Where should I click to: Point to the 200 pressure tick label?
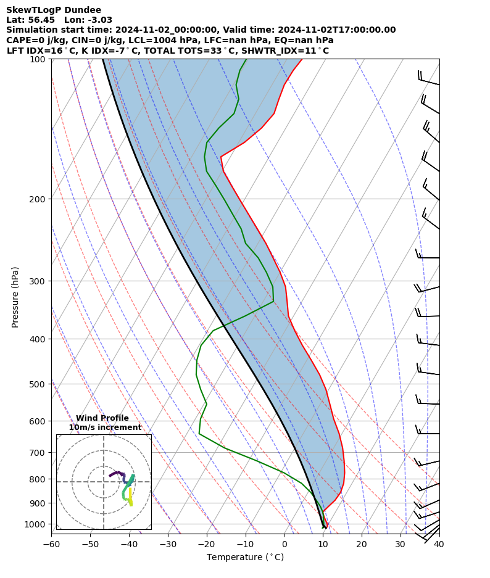point(38,199)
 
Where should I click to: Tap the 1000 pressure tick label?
point(36,524)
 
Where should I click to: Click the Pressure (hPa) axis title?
point(15,297)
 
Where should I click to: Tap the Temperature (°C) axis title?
point(245,558)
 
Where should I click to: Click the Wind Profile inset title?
point(102,418)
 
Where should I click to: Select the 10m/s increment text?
point(105,427)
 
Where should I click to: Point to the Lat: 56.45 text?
point(30,20)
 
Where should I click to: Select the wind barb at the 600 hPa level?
point(427,432)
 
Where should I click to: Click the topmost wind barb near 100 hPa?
point(428,79)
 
